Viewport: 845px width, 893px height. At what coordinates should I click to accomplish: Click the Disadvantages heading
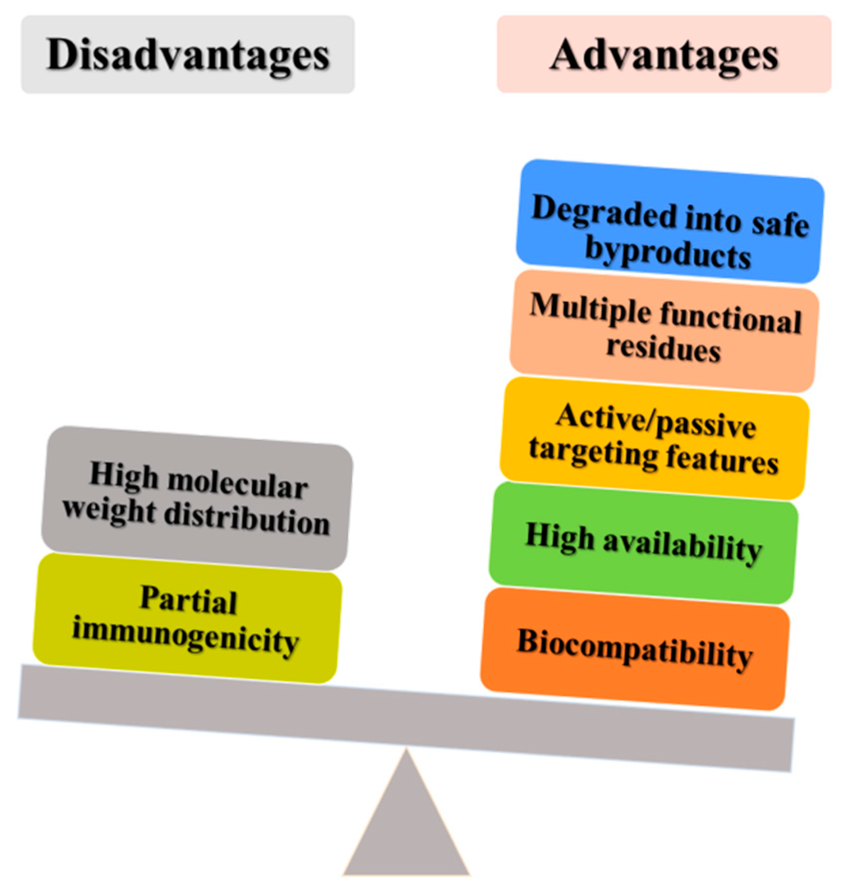pyautogui.click(x=188, y=55)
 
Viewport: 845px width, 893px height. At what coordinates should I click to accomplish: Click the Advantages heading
pyautogui.click(x=664, y=55)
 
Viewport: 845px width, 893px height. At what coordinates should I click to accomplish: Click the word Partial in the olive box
pyautogui.click(x=189, y=599)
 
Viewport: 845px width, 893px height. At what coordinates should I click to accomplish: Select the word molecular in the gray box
pyautogui.click(x=237, y=484)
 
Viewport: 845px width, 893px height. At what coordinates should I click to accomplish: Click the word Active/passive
pyautogui.click(x=656, y=422)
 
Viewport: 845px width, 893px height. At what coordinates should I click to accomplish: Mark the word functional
pyautogui.click(x=731, y=319)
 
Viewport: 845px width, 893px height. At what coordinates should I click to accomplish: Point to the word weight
pyautogui.click(x=109, y=510)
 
